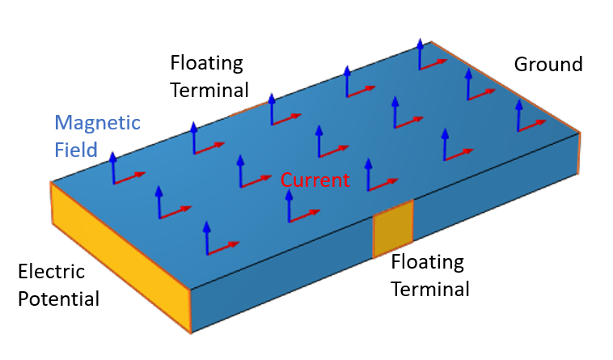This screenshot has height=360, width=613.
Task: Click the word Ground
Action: pos(548,64)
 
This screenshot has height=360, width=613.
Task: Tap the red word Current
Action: pos(315,180)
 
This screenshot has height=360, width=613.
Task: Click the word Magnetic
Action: pos(97,124)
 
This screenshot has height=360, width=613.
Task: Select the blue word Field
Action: pos(76,150)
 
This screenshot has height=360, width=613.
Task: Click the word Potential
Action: pos(58,299)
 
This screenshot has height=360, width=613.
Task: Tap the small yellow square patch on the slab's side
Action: pos(393,229)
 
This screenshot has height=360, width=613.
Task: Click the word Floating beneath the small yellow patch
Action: pos(427,262)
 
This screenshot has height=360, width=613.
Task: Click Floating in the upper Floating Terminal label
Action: pos(206,62)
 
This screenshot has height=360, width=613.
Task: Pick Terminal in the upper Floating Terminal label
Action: pos(209,89)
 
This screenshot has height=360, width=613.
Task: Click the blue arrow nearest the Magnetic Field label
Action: pos(113,167)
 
